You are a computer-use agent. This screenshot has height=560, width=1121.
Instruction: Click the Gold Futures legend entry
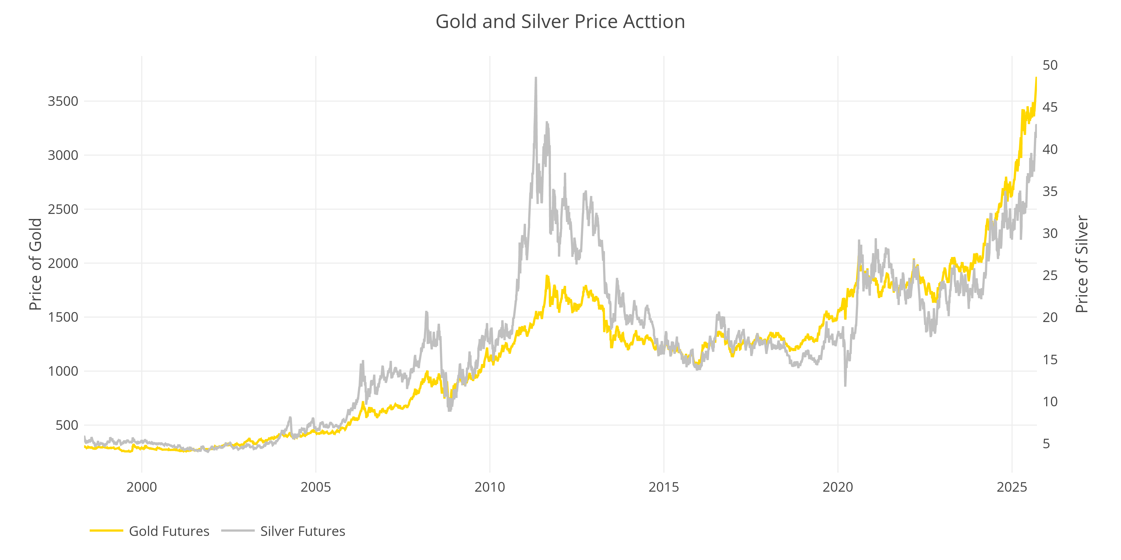[x=169, y=531]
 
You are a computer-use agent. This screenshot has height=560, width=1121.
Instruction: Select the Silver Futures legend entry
[x=302, y=531]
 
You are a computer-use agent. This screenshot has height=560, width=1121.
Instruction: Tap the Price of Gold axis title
[x=35, y=264]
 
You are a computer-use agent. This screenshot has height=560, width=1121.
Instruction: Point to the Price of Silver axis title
[x=1081, y=264]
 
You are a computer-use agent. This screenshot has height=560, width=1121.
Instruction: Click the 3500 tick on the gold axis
[x=63, y=101]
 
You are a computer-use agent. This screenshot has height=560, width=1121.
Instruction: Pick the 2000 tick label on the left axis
[x=63, y=263]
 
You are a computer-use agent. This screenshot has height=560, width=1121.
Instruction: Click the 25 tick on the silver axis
[x=1050, y=276]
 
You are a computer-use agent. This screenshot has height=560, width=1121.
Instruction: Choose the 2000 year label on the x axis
[x=142, y=487]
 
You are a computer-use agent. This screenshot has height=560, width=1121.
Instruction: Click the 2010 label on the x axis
[x=490, y=487]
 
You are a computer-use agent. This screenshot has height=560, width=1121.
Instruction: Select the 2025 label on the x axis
[x=1012, y=487]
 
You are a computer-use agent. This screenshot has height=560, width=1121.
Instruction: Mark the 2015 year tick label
[x=664, y=487]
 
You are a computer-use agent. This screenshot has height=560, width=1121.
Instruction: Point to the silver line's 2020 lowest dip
[x=845, y=385]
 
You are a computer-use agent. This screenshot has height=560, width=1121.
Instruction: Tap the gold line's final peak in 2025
[x=1036, y=78]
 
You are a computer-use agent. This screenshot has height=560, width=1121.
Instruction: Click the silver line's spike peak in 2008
[x=427, y=312]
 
